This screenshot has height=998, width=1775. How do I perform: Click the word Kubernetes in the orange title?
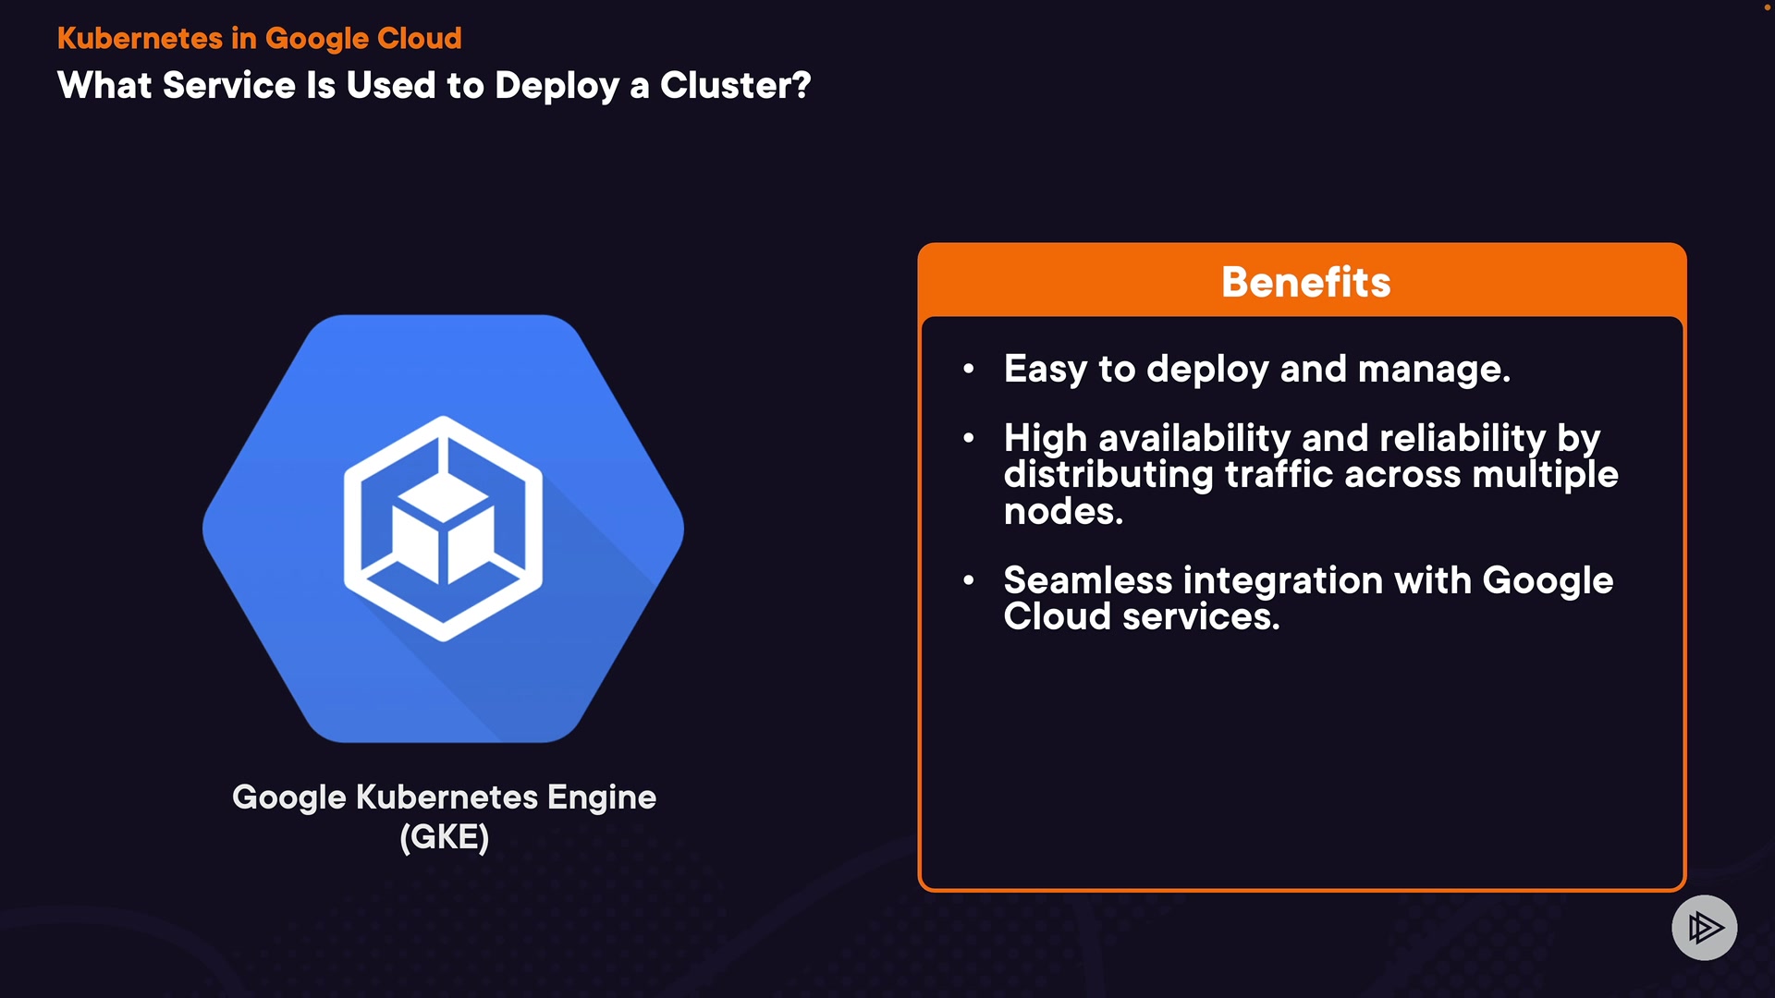141,38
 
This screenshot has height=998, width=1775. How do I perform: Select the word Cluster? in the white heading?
736,85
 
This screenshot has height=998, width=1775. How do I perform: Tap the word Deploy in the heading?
557,87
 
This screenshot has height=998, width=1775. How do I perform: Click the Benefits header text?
1305,282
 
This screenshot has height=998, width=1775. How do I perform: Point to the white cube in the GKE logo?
442,529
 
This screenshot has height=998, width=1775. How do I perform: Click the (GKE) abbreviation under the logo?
445,837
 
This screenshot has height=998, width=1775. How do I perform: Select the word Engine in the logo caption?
602,797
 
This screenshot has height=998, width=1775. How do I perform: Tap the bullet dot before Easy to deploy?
969,369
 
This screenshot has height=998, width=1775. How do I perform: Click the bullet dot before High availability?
969,438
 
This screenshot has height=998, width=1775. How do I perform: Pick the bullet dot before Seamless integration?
969,580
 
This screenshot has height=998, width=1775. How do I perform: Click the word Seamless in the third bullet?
1088,580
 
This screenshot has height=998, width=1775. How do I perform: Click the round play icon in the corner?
1705,928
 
